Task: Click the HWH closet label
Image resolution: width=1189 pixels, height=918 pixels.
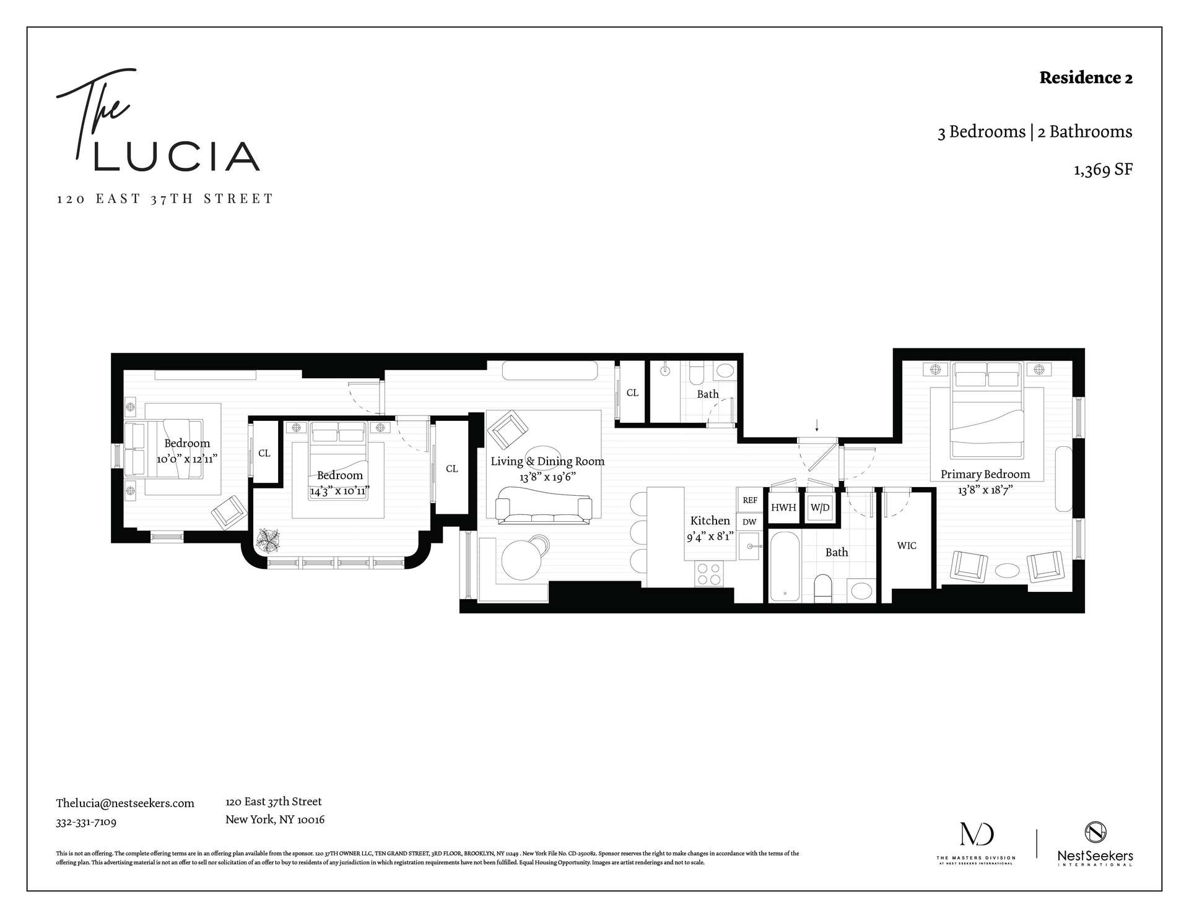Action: tap(783, 508)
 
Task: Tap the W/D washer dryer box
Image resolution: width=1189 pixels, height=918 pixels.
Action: tap(820, 508)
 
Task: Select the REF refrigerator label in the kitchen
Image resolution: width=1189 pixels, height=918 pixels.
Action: tap(750, 500)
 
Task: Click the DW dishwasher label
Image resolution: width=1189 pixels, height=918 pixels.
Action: tap(749, 522)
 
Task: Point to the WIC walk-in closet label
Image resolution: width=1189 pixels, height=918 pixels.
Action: tap(907, 546)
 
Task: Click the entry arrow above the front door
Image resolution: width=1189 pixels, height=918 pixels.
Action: tap(817, 425)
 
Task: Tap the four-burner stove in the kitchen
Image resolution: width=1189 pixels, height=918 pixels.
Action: tap(709, 574)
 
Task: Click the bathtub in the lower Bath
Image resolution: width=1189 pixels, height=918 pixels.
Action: tap(785, 566)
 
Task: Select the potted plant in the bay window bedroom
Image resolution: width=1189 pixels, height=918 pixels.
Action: tap(269, 540)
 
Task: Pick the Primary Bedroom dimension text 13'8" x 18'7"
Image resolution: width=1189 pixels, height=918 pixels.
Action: tap(985, 490)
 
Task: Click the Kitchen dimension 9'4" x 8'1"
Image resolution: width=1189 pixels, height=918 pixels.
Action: tap(710, 537)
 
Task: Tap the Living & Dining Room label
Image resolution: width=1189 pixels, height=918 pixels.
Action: tap(547, 461)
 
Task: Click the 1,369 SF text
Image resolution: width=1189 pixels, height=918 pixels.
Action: tap(1103, 170)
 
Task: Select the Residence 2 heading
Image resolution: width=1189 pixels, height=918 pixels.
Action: tap(1086, 78)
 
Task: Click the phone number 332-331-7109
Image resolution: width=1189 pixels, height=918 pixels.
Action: tap(86, 822)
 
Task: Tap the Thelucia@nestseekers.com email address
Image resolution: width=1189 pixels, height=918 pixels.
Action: tap(125, 803)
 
